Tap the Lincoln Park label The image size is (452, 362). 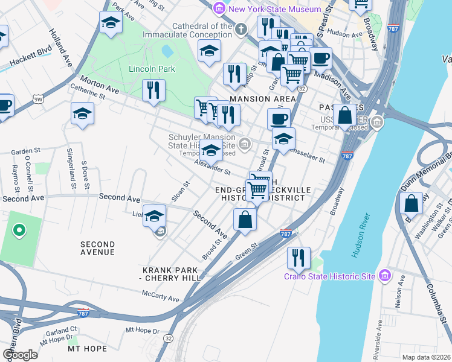click(152, 69)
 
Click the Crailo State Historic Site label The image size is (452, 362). click(330, 278)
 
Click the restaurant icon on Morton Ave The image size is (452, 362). click(153, 90)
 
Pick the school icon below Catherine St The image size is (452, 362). click(82, 113)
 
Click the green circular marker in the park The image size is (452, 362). click(19, 229)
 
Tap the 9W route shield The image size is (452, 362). click(39, 99)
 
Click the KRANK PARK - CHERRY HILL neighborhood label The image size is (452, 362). click(170, 273)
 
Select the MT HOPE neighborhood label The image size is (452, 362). click(87, 349)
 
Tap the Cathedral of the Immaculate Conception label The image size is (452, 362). click(202, 31)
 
